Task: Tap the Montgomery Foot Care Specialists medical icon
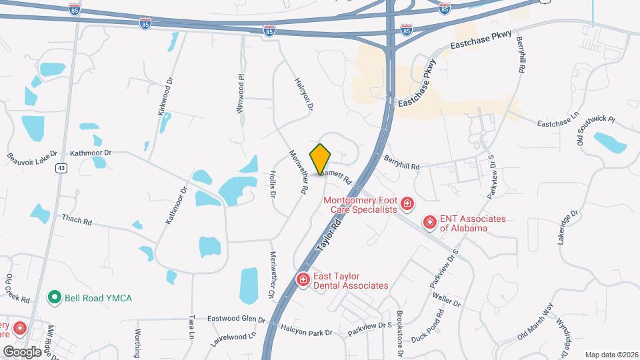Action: [x=406, y=203]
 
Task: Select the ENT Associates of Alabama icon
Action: [x=430, y=221]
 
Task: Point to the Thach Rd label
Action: [x=76, y=219]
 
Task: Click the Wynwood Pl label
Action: [x=240, y=93]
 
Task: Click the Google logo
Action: [x=23, y=351]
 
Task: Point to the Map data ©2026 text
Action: [x=611, y=355]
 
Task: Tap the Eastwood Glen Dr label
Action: [x=237, y=319]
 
